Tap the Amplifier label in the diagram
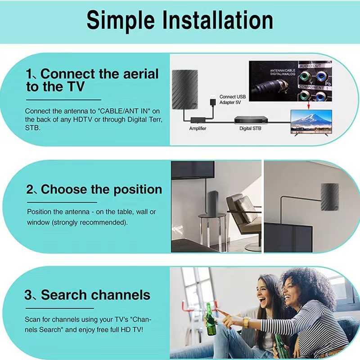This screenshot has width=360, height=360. tap(198, 128)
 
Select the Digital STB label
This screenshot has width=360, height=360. tap(251, 128)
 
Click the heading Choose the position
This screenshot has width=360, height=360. tap(101, 189)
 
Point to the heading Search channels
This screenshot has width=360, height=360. tap(95, 295)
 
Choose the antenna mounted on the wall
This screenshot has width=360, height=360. tap(330, 197)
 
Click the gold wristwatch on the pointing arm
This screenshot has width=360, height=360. tap(247, 322)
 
